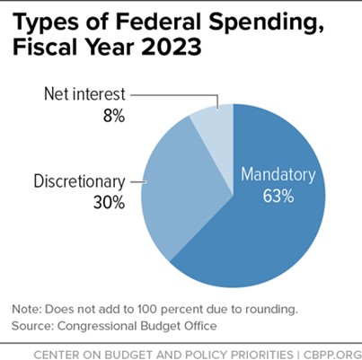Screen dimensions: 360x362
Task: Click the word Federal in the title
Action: click(x=179, y=25)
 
